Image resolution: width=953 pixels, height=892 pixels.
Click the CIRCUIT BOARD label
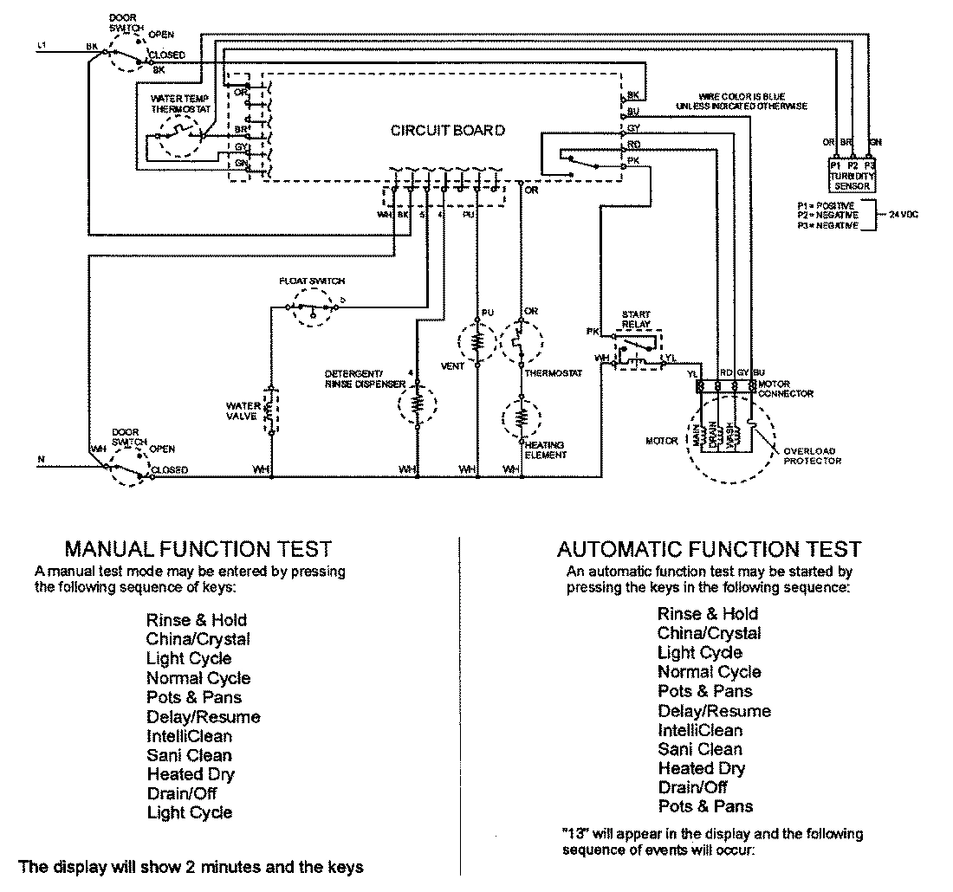(448, 131)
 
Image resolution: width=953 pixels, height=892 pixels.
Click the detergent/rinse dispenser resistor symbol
(417, 404)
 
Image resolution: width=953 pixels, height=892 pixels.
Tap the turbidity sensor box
(853, 174)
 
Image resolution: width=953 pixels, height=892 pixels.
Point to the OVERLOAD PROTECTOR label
(812, 456)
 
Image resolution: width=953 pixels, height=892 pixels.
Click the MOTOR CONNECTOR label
(785, 388)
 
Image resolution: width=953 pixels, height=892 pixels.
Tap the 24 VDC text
(903, 212)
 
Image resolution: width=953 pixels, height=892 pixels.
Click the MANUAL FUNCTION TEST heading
(198, 549)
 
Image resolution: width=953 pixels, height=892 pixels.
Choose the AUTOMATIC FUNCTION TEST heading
(709, 549)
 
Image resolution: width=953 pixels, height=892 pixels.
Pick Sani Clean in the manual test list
(189, 755)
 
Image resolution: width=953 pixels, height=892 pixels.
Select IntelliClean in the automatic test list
(699, 730)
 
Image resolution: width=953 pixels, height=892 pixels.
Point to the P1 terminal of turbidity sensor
(835, 165)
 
